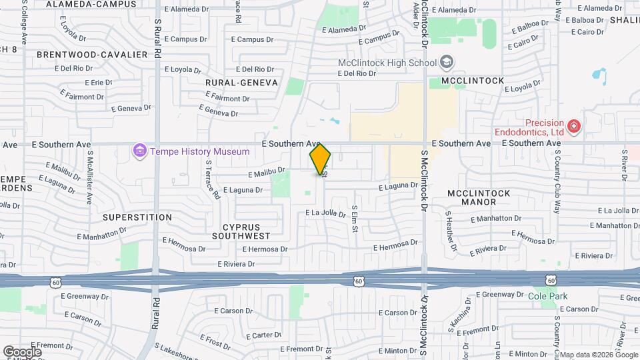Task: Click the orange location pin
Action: pyautogui.click(x=321, y=158)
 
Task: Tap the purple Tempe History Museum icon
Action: pyautogui.click(x=139, y=151)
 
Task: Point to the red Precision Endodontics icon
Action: pyautogui.click(x=573, y=126)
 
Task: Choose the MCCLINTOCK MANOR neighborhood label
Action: pyautogui.click(x=479, y=197)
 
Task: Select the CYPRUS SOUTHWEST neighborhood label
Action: pyautogui.click(x=241, y=231)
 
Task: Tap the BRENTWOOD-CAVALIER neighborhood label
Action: pyautogui.click(x=92, y=54)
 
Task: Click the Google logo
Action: pyautogui.click(x=22, y=351)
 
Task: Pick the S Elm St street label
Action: pyautogui.click(x=355, y=219)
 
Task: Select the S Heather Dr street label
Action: pyautogui.click(x=451, y=231)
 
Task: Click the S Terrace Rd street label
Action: pyautogui.click(x=212, y=179)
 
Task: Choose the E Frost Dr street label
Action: pyautogui.click(x=218, y=341)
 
